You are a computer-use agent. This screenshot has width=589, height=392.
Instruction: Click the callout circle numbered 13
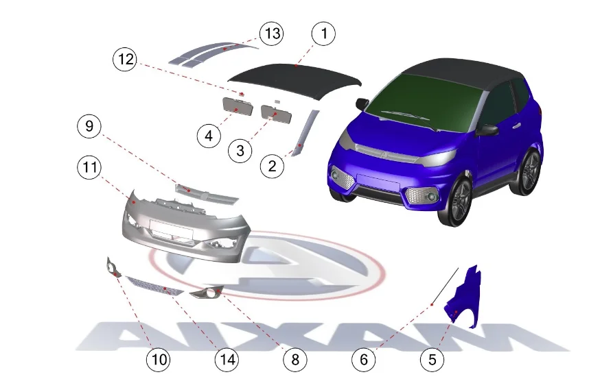pyautogui.click(x=272, y=34)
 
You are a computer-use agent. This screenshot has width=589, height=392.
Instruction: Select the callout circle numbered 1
pyautogui.click(x=323, y=34)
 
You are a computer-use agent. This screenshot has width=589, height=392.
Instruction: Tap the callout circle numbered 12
pyautogui.click(x=125, y=59)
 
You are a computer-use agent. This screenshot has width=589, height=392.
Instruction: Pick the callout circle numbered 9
pyautogui.click(x=89, y=126)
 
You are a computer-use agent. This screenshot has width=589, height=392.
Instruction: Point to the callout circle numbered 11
pyautogui.click(x=89, y=167)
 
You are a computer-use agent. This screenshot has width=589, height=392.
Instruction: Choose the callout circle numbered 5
pyautogui.click(x=432, y=360)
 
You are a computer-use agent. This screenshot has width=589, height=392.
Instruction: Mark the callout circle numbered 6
pyautogui.click(x=364, y=360)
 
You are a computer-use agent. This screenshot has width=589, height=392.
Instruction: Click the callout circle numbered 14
pyautogui.click(x=227, y=360)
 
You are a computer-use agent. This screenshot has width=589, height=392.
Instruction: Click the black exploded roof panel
pyautogui.click(x=295, y=81)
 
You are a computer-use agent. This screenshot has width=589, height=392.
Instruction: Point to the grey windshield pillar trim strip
pyautogui.click(x=306, y=132)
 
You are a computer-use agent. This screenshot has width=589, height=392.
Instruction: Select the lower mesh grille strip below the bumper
pyautogui.click(x=154, y=286)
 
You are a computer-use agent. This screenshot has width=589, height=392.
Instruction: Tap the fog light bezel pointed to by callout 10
pyautogui.click(x=113, y=267)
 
